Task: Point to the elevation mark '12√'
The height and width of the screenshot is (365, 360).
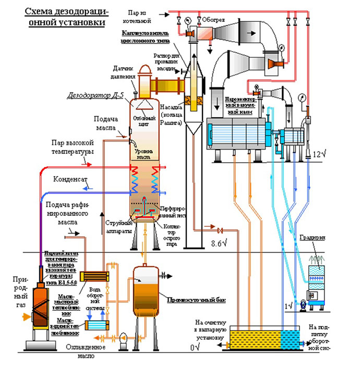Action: pyautogui.click(x=319, y=155)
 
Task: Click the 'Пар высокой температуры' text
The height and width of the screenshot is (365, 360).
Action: pyautogui.click(x=73, y=147)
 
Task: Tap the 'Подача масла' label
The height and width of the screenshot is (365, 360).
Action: pyautogui.click(x=107, y=125)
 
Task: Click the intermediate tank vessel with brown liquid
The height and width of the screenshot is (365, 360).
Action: pyautogui.click(x=147, y=291)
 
